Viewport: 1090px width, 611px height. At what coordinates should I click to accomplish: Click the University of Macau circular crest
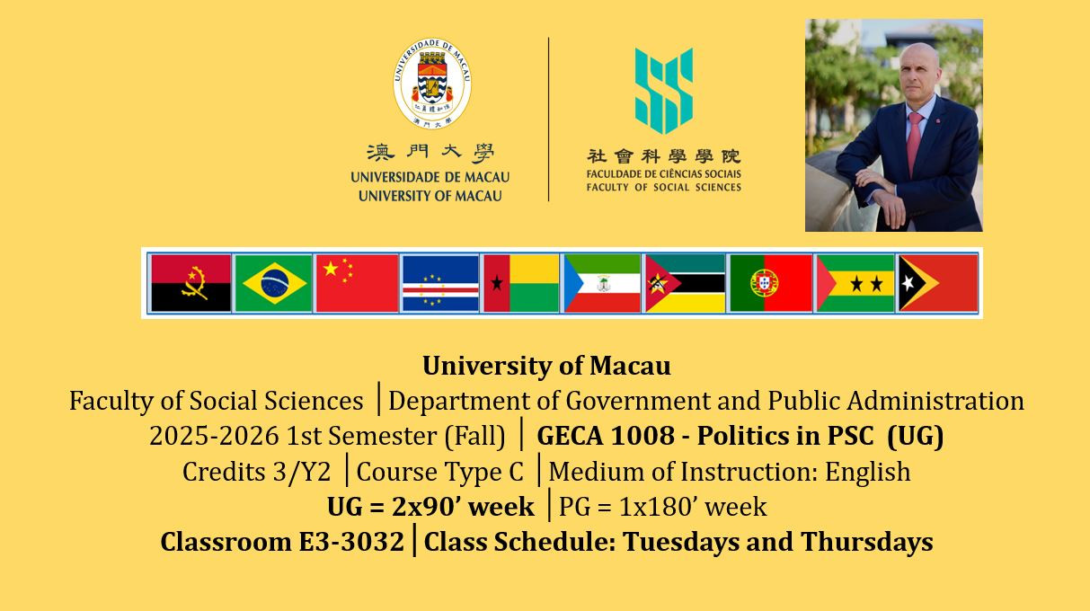point(432,84)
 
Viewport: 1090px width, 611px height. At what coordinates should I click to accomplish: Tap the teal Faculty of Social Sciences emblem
point(664,91)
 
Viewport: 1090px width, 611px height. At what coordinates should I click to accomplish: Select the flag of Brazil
point(274,283)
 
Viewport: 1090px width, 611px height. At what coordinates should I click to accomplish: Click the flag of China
point(357,283)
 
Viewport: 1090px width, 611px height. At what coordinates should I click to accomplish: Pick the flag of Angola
point(191,283)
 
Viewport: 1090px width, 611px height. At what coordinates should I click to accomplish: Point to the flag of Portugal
point(771,283)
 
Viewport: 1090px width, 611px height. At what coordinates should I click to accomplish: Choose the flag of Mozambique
point(685,283)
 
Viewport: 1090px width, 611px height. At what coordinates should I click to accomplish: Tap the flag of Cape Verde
point(440,283)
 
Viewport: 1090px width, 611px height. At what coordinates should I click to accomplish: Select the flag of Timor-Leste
point(938,283)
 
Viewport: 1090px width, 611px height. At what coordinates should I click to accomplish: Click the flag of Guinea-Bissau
point(521,283)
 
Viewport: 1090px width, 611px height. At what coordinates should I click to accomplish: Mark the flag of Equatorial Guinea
point(602,283)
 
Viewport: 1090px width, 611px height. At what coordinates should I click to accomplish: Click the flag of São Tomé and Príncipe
point(855,283)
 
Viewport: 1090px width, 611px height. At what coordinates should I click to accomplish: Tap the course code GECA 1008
point(606,436)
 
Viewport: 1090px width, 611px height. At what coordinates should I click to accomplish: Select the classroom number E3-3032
point(350,542)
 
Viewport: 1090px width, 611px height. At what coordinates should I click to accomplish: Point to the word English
point(868,473)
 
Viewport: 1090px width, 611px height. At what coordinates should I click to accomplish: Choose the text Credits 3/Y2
point(256,472)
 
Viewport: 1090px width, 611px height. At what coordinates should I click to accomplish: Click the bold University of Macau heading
point(546,366)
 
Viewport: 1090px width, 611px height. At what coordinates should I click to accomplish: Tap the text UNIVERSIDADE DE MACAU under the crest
point(430,177)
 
